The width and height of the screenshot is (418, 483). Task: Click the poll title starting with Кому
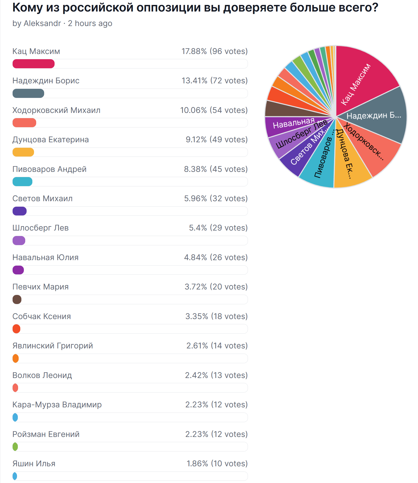(x=195, y=8)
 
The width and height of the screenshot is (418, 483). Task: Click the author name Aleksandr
(x=42, y=24)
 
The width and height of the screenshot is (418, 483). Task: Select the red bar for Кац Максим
(x=33, y=64)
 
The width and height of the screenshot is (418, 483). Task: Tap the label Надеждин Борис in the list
(x=46, y=81)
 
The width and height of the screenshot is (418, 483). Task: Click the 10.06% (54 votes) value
(x=214, y=110)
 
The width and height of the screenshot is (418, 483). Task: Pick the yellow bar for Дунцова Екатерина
(x=23, y=152)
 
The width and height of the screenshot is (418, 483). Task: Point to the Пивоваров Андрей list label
(x=49, y=169)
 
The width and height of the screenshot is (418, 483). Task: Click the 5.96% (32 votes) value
(x=216, y=198)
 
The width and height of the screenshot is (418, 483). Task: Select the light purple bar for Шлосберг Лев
(x=19, y=241)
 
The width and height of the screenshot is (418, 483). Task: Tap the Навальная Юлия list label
(x=46, y=257)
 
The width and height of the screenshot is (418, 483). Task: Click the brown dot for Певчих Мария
(x=17, y=300)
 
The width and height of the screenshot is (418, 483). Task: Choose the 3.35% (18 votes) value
(x=216, y=316)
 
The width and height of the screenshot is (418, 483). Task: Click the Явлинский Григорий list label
(x=53, y=346)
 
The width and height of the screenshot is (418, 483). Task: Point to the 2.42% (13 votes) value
(x=216, y=375)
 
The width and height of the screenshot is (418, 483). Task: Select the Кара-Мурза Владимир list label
(x=57, y=405)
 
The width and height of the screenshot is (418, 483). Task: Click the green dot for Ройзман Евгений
(x=15, y=447)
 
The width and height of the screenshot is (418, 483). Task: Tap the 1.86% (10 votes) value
(x=217, y=464)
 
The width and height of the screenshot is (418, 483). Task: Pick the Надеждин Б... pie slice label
(x=374, y=116)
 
